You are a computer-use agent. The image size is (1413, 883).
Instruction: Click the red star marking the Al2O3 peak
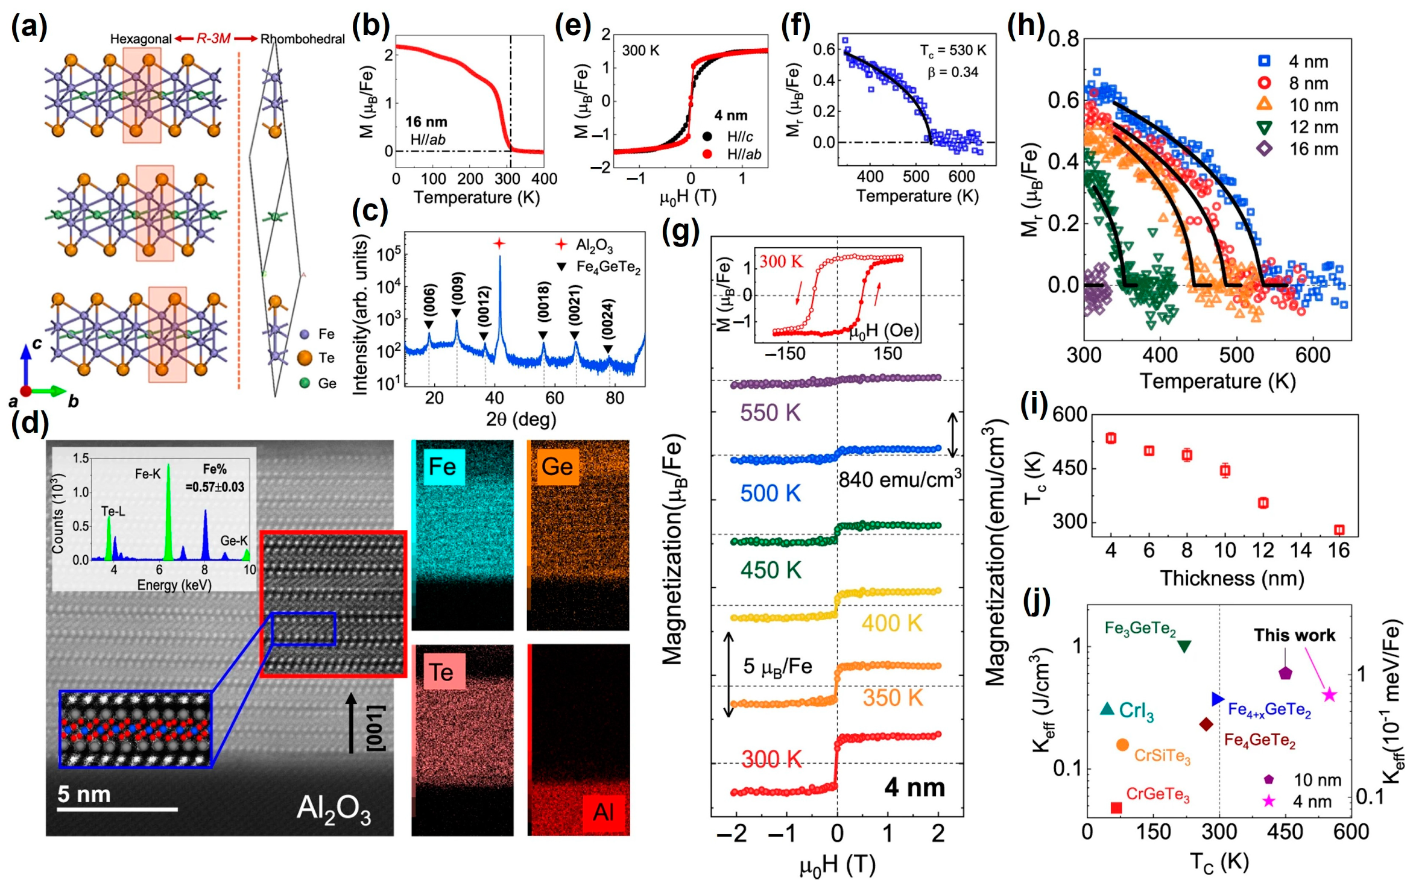click(x=499, y=244)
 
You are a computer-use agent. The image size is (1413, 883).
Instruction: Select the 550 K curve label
click(x=770, y=413)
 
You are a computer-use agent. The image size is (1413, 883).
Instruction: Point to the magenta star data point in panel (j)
click(x=1329, y=695)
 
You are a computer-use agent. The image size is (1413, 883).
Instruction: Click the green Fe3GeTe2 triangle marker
click(x=1184, y=646)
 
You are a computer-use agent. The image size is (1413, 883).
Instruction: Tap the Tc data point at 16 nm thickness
click(x=1339, y=530)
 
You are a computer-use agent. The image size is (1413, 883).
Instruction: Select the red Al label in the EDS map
click(x=603, y=812)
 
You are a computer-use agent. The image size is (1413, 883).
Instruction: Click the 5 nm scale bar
click(x=117, y=809)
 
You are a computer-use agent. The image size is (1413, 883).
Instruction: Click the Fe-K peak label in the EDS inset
click(x=147, y=474)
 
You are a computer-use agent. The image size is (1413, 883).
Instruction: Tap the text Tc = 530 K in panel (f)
click(x=953, y=51)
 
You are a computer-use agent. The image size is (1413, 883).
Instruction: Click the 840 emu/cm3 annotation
click(x=899, y=479)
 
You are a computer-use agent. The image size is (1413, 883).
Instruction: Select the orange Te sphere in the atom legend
click(x=305, y=358)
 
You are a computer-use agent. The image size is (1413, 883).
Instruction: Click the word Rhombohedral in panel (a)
click(x=302, y=39)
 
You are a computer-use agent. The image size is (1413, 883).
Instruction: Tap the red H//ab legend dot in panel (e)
click(x=707, y=154)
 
